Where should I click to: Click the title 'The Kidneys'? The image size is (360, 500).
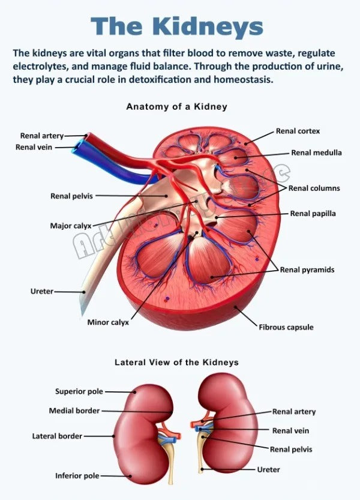pyautogui.click(x=178, y=26)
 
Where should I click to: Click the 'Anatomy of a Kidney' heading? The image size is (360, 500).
pyautogui.click(x=176, y=106)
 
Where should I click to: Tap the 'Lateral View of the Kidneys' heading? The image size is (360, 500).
pyautogui.click(x=176, y=363)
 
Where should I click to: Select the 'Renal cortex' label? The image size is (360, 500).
pyautogui.click(x=298, y=131)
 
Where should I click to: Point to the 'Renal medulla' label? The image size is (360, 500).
pyautogui.click(x=316, y=152)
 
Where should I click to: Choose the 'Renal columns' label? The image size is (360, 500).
pyautogui.click(x=314, y=188)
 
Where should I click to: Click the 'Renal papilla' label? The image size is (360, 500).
pyautogui.click(x=313, y=213)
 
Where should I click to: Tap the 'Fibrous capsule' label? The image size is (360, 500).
pyautogui.click(x=286, y=327)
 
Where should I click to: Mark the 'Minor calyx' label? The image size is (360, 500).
pyautogui.click(x=108, y=322)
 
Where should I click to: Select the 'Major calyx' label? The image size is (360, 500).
pyautogui.click(x=70, y=226)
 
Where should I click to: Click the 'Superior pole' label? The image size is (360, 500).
pyautogui.click(x=79, y=391)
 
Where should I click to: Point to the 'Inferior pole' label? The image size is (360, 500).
pyautogui.click(x=77, y=476)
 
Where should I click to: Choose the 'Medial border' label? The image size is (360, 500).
pyautogui.click(x=74, y=411)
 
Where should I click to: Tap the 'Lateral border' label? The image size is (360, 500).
pyautogui.click(x=57, y=436)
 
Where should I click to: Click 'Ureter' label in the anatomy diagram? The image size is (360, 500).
pyautogui.click(x=42, y=291)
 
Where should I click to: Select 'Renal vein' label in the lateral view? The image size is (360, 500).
pyautogui.click(x=290, y=430)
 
